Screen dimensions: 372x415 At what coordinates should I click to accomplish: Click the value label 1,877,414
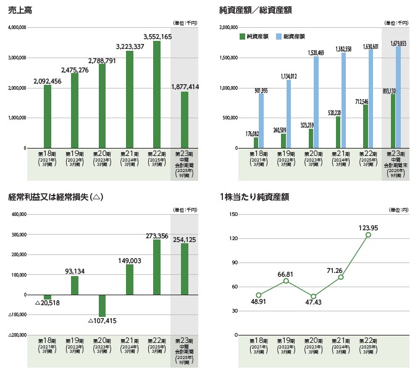click(184, 87)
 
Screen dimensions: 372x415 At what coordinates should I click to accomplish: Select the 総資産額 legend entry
click(290, 37)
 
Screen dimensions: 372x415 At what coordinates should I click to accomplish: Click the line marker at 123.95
click(368, 235)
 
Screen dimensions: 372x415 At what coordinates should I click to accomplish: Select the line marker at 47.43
click(314, 296)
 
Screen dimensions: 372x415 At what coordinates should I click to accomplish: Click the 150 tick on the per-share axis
click(232, 214)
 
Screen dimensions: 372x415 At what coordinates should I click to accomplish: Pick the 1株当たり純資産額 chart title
click(254, 198)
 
